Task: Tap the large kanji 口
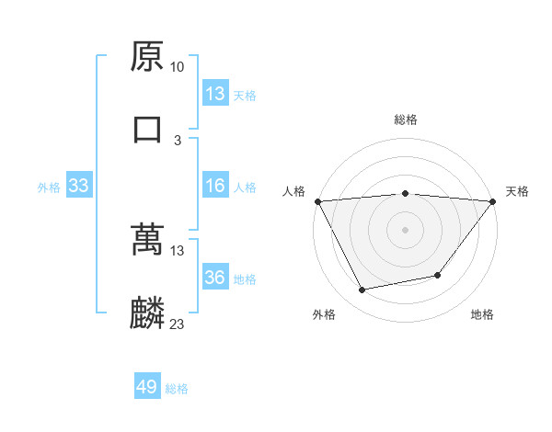(x=147, y=129)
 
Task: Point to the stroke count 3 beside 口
(x=178, y=140)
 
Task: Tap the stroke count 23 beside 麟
(x=178, y=324)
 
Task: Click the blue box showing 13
(x=215, y=94)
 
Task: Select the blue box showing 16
(x=215, y=186)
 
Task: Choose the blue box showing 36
(x=215, y=278)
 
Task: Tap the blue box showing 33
(x=79, y=186)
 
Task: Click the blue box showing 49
(x=147, y=387)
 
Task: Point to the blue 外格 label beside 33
(x=49, y=187)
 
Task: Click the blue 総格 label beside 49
(x=177, y=388)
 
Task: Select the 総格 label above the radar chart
(x=406, y=119)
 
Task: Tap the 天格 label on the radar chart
(x=518, y=191)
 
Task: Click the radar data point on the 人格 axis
(x=317, y=201)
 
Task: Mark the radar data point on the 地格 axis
(x=438, y=275)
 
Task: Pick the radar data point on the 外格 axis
(x=362, y=290)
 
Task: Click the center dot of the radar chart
(x=405, y=229)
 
